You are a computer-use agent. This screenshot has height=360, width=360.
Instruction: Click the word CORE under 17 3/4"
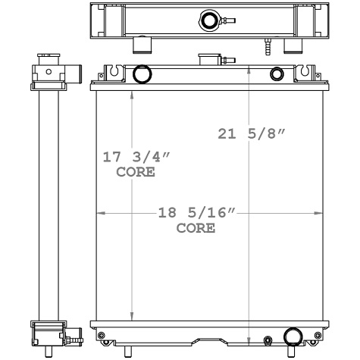136,172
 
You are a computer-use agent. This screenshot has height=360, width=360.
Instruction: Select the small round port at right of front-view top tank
277,74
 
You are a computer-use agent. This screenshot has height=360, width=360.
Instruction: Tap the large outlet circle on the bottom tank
293,337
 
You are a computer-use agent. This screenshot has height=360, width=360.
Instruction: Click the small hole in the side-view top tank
49,71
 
